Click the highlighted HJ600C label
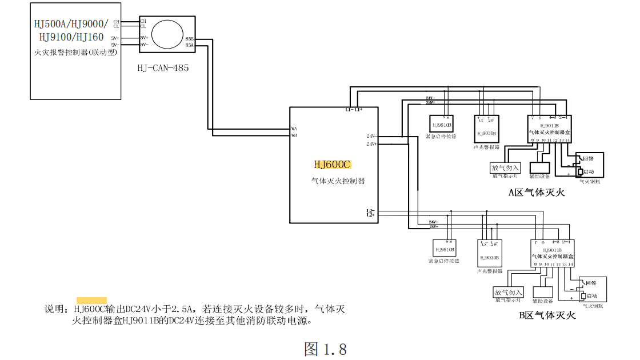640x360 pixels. [x=332, y=165]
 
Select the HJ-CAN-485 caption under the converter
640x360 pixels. [x=163, y=67]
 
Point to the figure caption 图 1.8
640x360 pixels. [x=326, y=349]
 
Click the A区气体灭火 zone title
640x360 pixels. [x=537, y=193]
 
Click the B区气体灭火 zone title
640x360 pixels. [x=547, y=315]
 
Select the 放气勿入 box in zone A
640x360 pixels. [x=506, y=168]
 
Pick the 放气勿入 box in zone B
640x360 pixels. [x=508, y=293]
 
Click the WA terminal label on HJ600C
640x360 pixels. [x=294, y=129]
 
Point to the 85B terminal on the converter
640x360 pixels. [x=189, y=38]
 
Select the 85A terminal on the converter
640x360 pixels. [x=189, y=44]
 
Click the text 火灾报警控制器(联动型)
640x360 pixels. [x=75, y=53]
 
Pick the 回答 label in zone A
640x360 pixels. [x=589, y=159]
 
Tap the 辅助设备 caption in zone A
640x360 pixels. [x=539, y=177]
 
